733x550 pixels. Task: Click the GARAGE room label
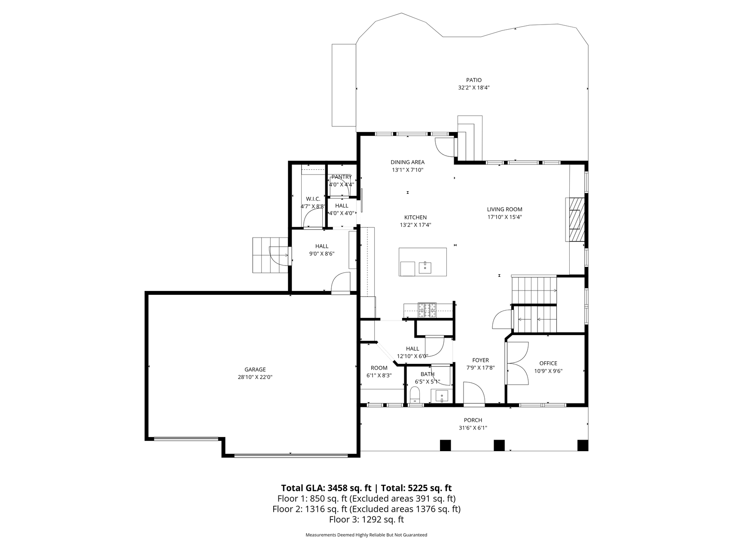tap(255, 370)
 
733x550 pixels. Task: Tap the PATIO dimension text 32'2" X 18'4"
tap(474, 88)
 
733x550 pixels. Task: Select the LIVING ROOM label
tap(504, 210)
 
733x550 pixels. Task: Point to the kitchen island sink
tap(425, 267)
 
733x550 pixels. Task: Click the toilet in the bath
tap(415, 394)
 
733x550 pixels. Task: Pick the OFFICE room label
tap(548, 364)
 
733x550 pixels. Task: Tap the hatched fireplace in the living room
tap(575, 219)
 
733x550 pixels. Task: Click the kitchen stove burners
tap(428, 310)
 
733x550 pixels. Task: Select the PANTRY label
tap(342, 177)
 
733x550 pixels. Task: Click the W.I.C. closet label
tap(313, 199)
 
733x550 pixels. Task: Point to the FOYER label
tap(480, 361)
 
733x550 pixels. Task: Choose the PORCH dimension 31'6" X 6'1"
tap(473, 428)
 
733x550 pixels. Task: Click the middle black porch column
tap(499, 445)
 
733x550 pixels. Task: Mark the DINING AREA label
tap(407, 162)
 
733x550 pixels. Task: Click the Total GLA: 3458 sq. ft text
tap(326, 488)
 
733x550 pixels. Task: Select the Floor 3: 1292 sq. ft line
tap(366, 519)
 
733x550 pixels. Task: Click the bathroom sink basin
tap(442, 395)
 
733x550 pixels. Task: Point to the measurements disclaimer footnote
tap(366, 535)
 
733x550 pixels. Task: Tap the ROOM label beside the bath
tap(379, 368)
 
